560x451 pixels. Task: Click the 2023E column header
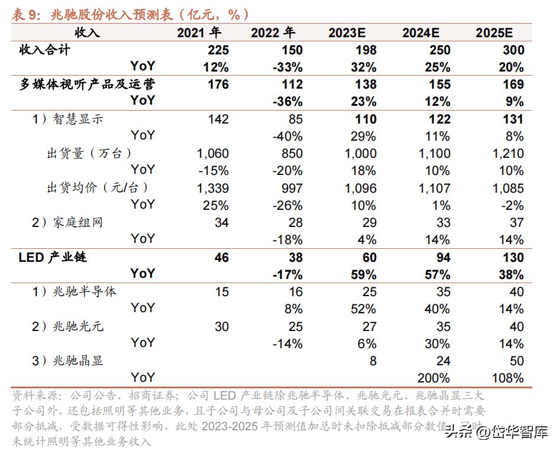click(x=352, y=33)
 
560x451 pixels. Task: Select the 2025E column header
click(x=500, y=33)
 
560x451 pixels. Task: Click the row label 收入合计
click(x=45, y=50)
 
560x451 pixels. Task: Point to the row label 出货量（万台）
click(x=89, y=153)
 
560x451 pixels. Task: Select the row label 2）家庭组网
click(x=67, y=222)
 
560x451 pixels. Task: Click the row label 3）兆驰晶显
click(x=67, y=360)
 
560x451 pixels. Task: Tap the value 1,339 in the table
click(x=212, y=188)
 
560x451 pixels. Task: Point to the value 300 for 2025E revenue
click(x=512, y=50)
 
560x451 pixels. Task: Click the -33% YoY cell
click(x=287, y=67)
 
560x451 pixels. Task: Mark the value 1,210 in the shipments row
click(x=507, y=154)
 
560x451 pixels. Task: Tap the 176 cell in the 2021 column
click(x=218, y=85)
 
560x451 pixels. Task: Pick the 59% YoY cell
click(x=363, y=274)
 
